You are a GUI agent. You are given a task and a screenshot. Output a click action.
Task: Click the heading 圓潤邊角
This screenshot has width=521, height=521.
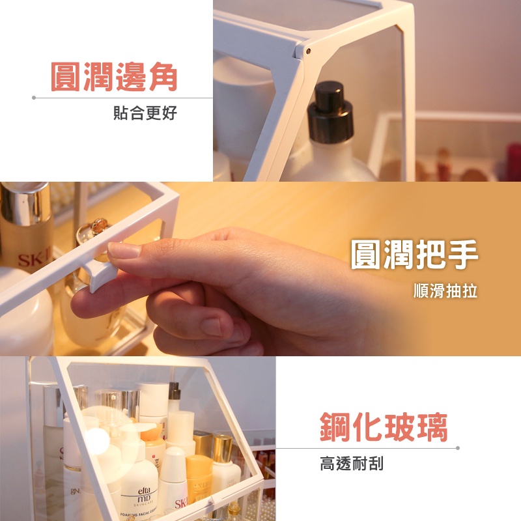(113, 77)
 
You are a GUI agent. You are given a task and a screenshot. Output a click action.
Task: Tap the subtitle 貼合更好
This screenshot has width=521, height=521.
(145, 113)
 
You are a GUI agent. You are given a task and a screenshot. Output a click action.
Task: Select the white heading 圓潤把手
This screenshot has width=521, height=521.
(414, 254)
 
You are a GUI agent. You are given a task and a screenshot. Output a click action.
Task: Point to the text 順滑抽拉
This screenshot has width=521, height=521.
(445, 290)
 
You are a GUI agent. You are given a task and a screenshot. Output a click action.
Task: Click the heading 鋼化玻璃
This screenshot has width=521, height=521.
(384, 427)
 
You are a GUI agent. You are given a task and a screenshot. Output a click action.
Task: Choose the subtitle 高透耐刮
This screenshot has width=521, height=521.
(352, 464)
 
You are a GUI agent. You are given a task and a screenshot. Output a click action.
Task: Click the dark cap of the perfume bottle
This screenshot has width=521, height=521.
(330, 112)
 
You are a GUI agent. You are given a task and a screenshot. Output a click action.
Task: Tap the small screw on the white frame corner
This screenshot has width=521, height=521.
(309, 51)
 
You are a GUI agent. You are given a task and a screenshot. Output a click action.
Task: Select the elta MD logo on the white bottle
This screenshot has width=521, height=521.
(143, 495)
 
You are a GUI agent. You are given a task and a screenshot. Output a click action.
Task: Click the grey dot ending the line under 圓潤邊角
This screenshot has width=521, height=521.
(34, 98)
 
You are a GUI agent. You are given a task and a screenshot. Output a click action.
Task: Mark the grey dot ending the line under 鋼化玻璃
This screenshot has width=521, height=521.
(458, 448)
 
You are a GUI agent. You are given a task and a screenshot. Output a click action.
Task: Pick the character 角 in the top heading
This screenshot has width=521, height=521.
(163, 77)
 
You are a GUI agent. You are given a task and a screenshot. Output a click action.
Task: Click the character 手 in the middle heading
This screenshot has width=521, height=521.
(463, 254)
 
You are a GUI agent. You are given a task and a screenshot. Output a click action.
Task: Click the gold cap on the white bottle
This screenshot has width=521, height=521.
(223, 449)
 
